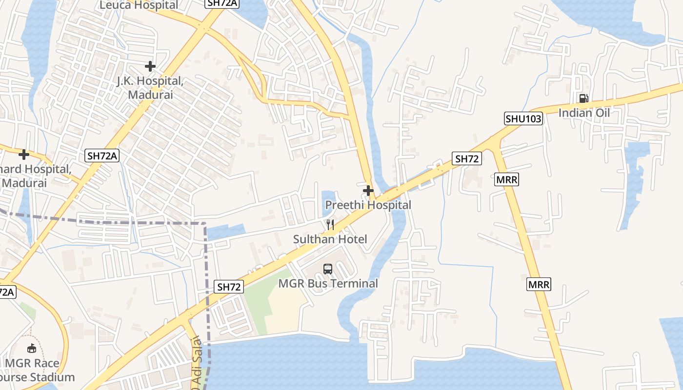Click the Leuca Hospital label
[139, 5]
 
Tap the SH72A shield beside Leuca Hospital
[222, 3]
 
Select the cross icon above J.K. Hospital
[150, 66]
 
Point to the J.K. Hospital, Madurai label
[150, 88]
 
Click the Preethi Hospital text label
[368, 205]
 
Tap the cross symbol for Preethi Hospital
[368, 190]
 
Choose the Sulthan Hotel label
[330, 239]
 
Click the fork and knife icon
[330, 224]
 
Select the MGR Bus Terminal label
[328, 283]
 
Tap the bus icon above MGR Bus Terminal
[328, 269]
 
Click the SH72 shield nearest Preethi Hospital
[467, 158]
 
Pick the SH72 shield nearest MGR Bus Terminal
[229, 287]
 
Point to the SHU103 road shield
[523, 118]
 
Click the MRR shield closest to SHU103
[506, 179]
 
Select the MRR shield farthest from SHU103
[539, 284]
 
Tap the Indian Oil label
[584, 113]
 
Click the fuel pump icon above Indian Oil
[583, 98]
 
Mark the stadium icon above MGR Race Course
[32, 348]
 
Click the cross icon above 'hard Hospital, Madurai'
[23, 155]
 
